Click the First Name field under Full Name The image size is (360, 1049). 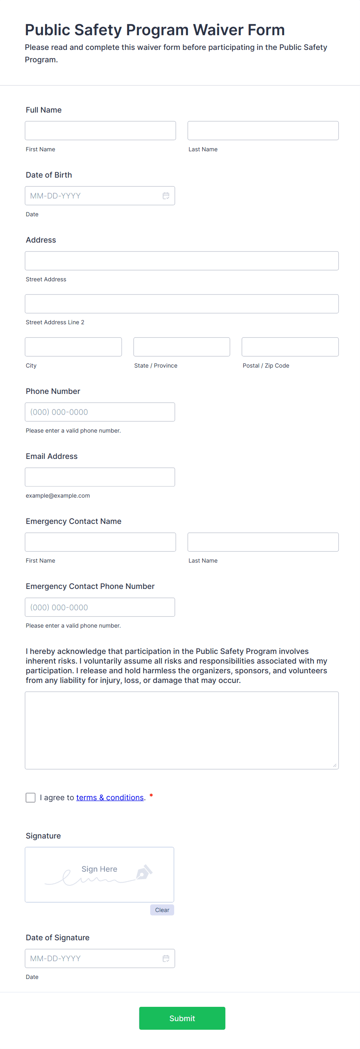(100, 131)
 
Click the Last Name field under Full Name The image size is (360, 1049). (263, 131)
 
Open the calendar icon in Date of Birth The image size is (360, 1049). (166, 196)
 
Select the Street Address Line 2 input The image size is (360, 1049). (182, 304)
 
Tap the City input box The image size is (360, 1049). (73, 347)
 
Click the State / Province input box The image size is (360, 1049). (182, 347)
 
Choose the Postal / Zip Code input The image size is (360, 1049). (290, 347)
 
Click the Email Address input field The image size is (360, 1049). (100, 477)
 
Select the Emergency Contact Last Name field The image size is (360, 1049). (263, 542)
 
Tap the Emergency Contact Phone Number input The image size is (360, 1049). (100, 607)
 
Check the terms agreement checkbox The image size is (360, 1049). (31, 797)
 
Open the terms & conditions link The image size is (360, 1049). (110, 797)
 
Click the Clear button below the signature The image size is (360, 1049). (162, 910)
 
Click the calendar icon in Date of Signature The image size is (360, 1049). (166, 958)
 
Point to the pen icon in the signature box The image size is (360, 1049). (144, 872)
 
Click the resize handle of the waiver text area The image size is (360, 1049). (334, 765)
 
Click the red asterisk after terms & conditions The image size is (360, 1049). (151, 796)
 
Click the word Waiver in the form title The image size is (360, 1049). (218, 30)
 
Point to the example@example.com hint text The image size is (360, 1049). (58, 496)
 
